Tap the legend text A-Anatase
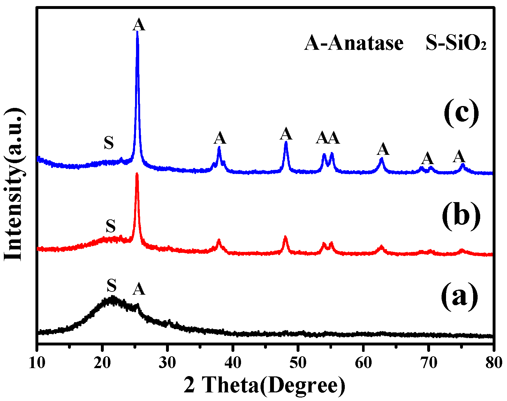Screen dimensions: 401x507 [354, 43]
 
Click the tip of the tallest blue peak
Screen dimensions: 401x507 [137, 32]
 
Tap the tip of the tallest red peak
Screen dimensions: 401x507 [137, 174]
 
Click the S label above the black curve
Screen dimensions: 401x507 [111, 285]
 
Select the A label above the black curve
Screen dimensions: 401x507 [139, 289]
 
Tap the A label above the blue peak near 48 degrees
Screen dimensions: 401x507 [286, 134]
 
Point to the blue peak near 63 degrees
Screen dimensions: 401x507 [381, 159]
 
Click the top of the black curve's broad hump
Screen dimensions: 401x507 [112, 298]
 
